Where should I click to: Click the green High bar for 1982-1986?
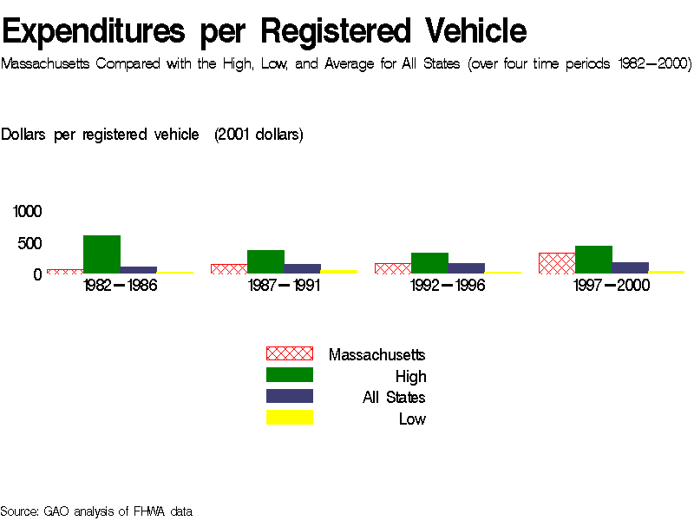101,254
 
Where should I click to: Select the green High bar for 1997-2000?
593,260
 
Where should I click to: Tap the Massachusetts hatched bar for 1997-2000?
557,263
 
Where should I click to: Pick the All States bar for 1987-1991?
302,268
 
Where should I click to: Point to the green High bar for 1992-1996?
429,263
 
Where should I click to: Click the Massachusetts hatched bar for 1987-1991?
229,268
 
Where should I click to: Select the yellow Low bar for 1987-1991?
338,271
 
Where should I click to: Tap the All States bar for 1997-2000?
630,267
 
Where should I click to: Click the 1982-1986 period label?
121,286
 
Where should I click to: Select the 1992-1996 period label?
448,286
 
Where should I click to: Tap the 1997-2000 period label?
612,286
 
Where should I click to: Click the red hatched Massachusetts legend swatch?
289,353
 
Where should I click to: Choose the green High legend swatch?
289,375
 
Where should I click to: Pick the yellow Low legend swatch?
289,418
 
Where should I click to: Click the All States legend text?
394,398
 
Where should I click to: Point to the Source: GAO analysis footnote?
96,511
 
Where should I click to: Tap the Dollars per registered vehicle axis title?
152,135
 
